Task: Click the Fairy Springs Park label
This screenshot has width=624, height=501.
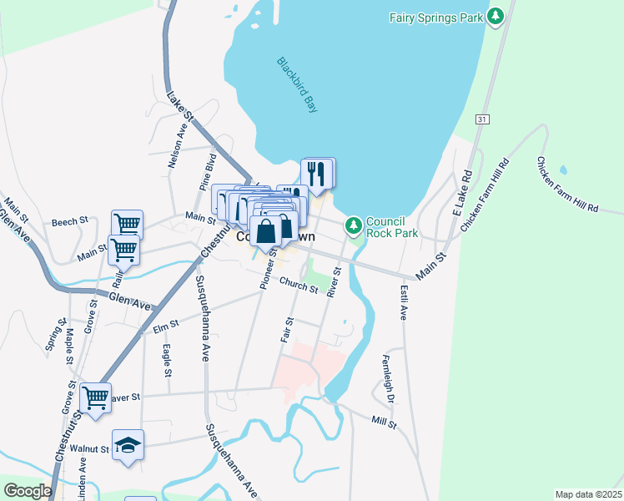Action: [x=437, y=17]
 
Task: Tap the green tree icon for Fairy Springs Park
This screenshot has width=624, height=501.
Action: [x=497, y=16]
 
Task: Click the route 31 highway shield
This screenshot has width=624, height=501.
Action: [x=481, y=120]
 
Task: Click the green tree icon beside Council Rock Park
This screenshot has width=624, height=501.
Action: [x=354, y=224]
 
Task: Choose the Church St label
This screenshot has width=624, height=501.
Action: [x=299, y=286]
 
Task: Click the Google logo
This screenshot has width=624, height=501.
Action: [x=28, y=491]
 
